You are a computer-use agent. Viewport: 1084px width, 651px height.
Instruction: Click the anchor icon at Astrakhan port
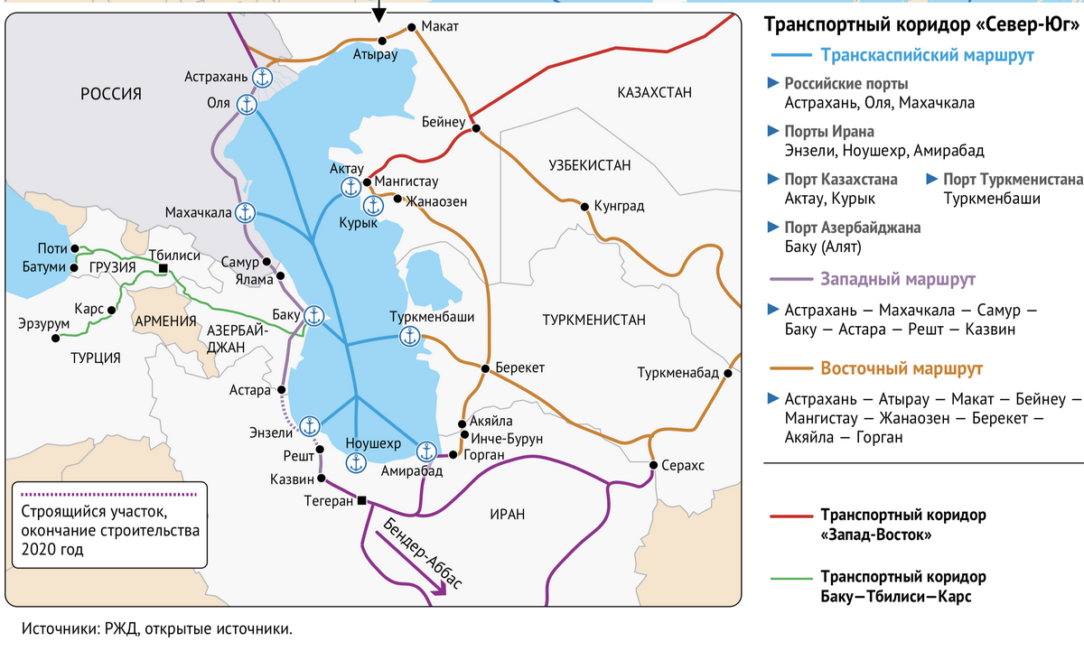pos(262,78)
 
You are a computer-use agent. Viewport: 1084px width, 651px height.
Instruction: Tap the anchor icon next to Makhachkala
pos(246,212)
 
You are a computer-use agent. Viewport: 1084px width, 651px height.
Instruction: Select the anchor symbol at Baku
pos(313,316)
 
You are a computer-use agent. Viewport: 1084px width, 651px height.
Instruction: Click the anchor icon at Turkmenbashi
pos(410,337)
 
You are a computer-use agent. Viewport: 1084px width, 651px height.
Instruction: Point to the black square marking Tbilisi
pos(163,268)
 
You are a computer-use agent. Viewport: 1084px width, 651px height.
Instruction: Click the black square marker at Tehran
pos(361,500)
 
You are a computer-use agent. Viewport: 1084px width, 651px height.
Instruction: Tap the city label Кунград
pos(619,207)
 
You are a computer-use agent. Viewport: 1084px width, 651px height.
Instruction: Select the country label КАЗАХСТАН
pos(654,92)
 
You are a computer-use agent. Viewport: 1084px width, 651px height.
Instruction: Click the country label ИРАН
pos(507,514)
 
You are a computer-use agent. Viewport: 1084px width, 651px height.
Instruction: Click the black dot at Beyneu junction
pos(475,128)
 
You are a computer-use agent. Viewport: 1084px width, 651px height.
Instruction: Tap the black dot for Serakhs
pos(653,465)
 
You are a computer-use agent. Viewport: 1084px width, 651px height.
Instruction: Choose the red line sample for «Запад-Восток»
pos(791,518)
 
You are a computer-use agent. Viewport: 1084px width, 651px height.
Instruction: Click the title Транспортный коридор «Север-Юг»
pos(921,24)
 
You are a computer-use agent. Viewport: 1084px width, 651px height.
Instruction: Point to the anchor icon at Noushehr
pos(356,462)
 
